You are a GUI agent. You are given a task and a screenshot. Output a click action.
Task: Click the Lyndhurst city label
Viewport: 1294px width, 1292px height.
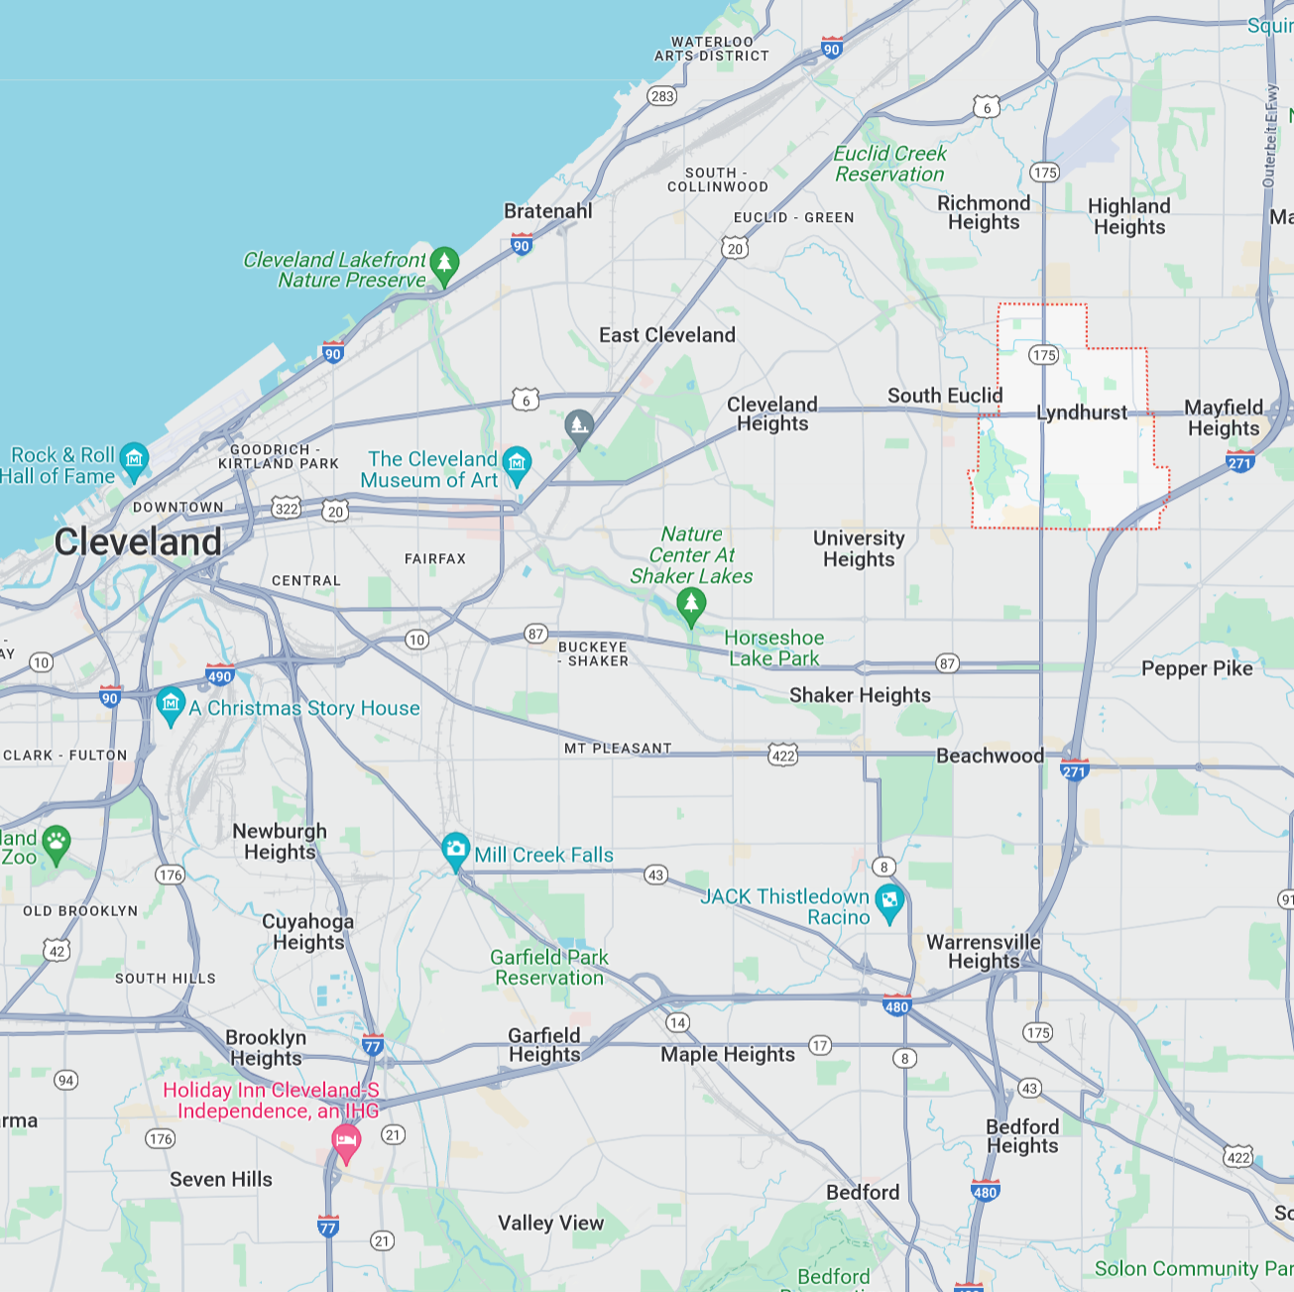coord(1082,412)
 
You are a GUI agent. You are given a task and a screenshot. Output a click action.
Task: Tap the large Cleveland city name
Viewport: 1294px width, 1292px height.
coord(138,542)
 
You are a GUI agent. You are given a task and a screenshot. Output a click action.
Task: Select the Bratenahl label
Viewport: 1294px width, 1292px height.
coord(548,211)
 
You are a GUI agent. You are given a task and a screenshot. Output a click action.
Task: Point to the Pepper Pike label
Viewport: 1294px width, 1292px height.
coord(1197,668)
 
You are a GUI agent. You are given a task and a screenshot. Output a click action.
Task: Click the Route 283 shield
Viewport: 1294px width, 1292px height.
coord(662,96)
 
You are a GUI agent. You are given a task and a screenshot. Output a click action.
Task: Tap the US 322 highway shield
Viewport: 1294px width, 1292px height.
coord(287,509)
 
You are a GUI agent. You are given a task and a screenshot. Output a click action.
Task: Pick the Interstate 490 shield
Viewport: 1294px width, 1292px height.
coord(219,675)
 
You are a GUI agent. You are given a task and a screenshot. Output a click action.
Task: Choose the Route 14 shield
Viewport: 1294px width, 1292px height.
coord(677,1022)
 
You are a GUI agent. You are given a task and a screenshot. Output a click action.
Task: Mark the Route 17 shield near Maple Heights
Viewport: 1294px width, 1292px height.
coord(820,1045)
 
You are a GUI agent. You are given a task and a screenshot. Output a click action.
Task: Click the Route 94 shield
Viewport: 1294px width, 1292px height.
coord(65,1080)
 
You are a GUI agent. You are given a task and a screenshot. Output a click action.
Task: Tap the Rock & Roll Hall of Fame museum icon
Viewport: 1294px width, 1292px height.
coord(134,459)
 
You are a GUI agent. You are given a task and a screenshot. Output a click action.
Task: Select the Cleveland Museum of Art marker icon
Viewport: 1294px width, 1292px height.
coord(517,463)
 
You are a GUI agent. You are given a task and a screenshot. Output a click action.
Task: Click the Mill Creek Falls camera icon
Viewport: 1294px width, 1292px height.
coord(455,849)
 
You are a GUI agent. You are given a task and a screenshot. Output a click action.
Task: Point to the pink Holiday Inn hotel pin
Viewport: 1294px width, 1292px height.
coord(345,1140)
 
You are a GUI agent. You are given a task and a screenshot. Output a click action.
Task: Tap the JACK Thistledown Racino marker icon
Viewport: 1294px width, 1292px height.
coord(889,900)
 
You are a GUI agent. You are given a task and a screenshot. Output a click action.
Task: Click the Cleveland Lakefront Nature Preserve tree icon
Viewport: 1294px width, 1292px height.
coord(444,263)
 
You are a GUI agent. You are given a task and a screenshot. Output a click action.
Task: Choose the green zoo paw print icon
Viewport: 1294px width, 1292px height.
coord(57,843)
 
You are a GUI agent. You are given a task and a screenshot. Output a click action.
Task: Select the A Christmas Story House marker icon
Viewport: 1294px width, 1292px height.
coord(171,704)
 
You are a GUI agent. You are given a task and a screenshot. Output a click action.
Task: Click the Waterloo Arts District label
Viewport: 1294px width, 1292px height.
coord(712,49)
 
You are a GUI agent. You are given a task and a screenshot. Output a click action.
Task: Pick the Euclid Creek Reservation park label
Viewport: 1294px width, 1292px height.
coord(889,164)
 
